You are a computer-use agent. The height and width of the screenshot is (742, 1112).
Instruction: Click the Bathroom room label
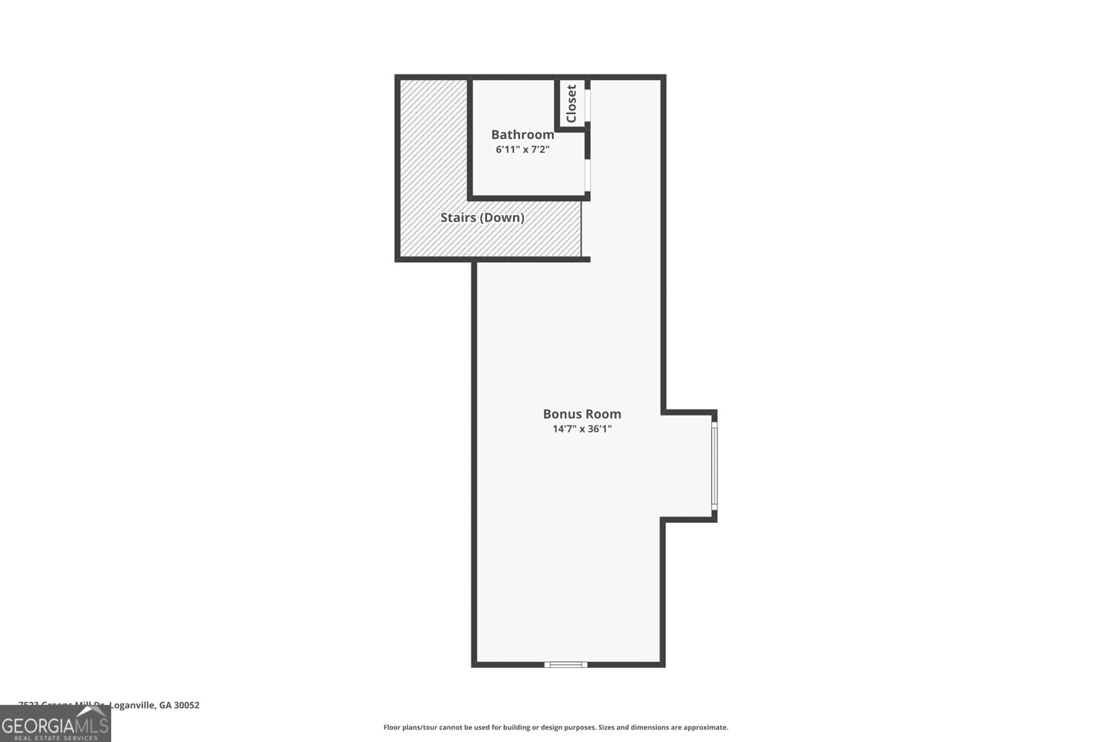(523, 134)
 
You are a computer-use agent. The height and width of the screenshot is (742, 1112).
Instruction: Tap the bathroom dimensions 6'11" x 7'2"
(523, 150)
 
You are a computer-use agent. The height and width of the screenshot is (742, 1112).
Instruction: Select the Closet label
(571, 104)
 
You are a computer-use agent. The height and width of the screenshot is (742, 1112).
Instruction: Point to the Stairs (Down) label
(482, 218)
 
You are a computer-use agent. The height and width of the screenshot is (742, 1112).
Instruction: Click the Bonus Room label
(582, 414)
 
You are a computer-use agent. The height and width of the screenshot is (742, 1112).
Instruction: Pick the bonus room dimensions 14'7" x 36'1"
(582, 429)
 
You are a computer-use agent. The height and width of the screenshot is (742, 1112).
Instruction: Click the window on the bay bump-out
(714, 465)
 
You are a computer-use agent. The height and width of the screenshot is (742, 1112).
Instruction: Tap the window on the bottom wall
(566, 665)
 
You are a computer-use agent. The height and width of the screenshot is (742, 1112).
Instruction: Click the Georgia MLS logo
(55, 725)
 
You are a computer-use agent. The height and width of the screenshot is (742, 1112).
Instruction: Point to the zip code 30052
(187, 705)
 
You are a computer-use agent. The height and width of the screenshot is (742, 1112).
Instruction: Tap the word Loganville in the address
(132, 705)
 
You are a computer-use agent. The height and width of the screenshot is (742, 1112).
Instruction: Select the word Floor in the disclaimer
(392, 727)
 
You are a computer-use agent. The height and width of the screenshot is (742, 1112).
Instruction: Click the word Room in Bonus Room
(602, 414)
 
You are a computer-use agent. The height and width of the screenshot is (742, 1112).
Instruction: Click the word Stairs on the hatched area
(457, 218)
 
